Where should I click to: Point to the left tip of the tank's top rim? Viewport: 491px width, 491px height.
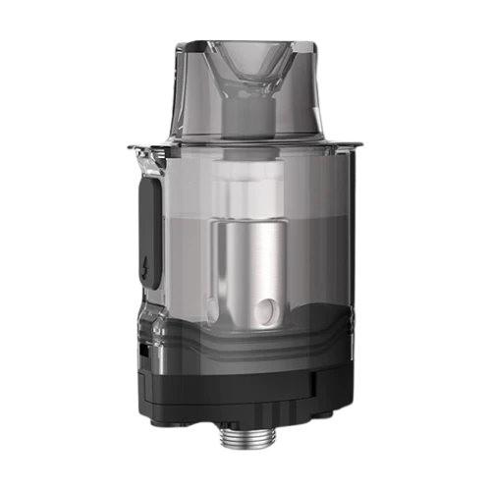coord(132,143)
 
